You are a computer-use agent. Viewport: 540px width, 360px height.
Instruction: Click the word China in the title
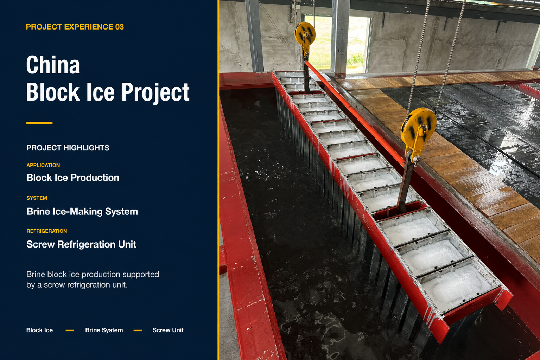coord(53,65)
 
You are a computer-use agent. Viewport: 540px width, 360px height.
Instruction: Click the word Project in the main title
coord(155,93)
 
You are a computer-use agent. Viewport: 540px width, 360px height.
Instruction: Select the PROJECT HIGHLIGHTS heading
coord(68,148)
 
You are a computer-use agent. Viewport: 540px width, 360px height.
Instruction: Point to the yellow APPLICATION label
coord(43,165)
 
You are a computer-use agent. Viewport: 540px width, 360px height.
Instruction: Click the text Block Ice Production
coord(73,178)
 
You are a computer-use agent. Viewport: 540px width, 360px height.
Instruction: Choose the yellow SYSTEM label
coord(37,198)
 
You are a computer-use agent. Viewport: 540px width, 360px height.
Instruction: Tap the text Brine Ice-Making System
coord(82,211)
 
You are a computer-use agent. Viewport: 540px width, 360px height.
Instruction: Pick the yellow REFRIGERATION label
coord(47,231)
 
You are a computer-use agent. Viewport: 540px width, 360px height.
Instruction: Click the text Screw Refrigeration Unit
coord(82,244)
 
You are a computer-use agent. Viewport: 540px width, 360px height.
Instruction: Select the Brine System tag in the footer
coord(104,330)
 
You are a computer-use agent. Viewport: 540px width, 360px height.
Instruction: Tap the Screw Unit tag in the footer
coord(168,330)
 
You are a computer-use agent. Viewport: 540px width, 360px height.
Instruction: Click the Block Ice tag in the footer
coord(39,330)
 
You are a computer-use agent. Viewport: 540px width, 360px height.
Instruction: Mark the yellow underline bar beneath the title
coord(39,123)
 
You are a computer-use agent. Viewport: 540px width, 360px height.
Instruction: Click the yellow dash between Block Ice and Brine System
coord(70,330)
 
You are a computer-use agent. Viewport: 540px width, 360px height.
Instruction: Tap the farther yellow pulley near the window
coord(305,34)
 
